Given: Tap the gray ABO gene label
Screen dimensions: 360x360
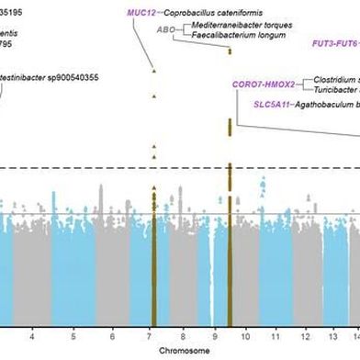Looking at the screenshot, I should pos(165,29).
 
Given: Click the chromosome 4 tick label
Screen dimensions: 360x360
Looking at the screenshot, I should pos(33,324).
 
